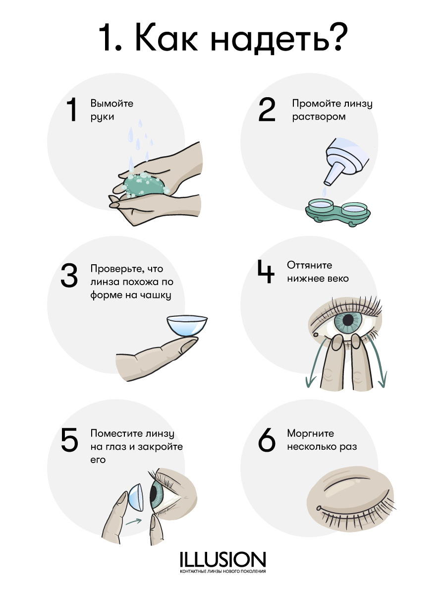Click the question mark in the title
tap(336, 37)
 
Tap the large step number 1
tap(72, 110)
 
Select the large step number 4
tap(266, 272)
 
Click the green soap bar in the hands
tap(144, 184)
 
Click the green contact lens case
tap(337, 213)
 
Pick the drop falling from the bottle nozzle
tap(324, 192)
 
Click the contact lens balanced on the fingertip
tap(187, 326)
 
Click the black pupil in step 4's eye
tap(348, 320)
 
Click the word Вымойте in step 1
tap(112, 104)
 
